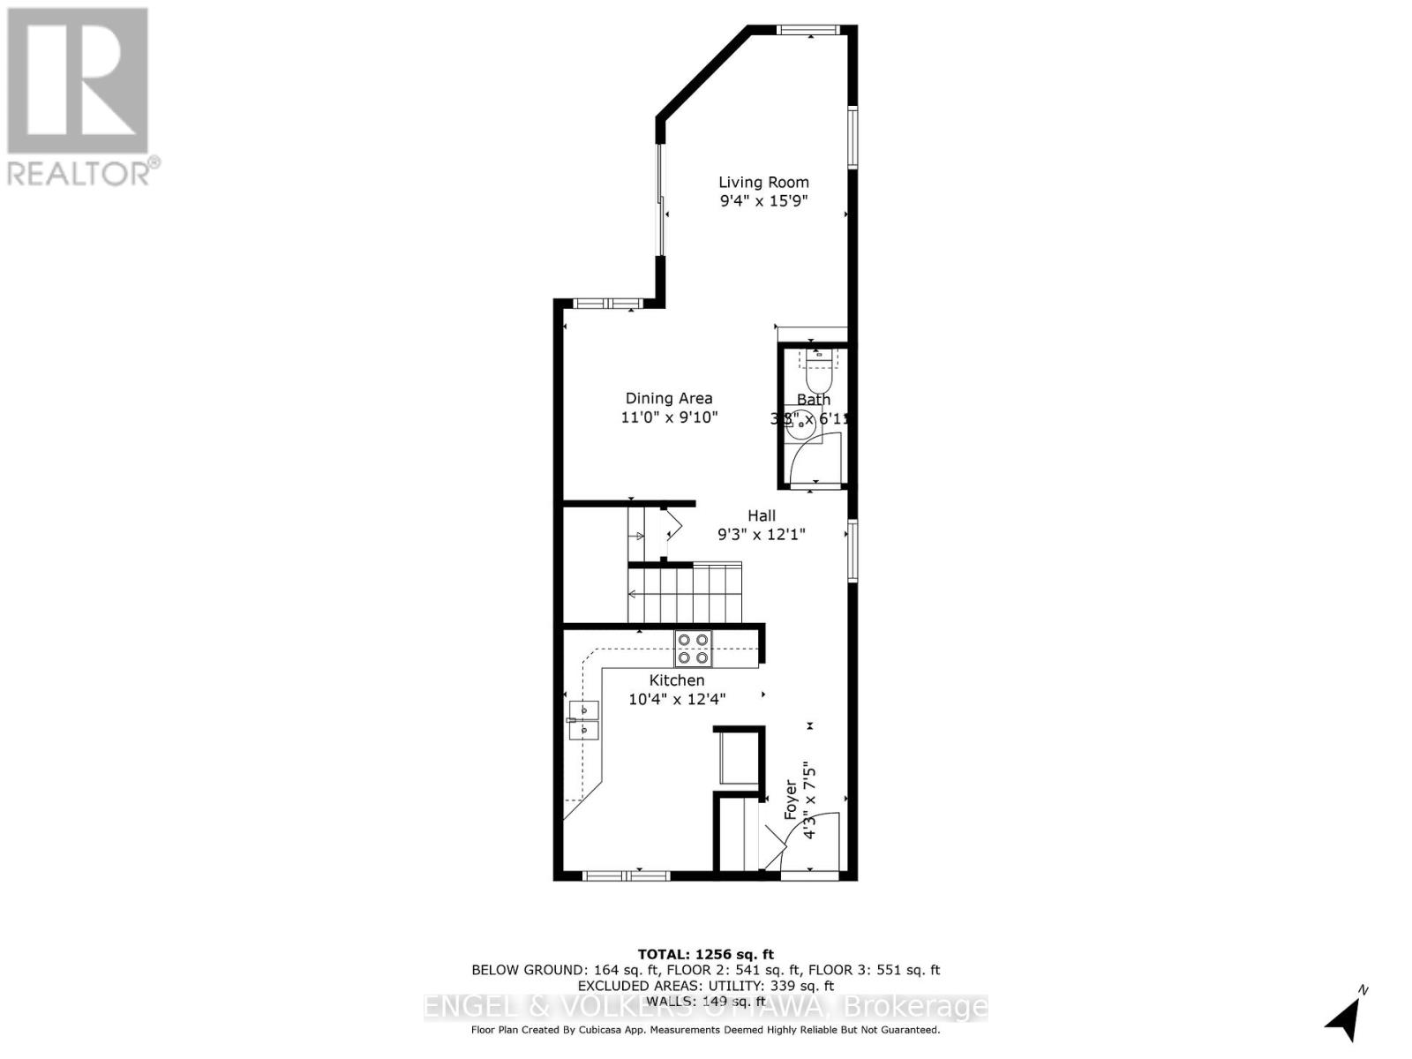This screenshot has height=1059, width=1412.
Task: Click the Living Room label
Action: (763, 183)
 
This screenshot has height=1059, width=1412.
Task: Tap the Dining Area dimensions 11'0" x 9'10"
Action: (669, 417)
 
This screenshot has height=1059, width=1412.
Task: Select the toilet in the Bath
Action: (820, 373)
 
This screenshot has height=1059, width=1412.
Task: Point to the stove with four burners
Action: (693, 649)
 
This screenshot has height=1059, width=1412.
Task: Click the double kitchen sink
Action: (583, 720)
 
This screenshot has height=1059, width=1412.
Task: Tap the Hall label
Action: (762, 515)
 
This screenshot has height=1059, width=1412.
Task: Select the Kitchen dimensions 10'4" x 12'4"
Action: (677, 699)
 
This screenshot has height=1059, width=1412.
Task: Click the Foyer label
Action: (792, 800)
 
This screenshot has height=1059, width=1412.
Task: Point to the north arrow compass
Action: (1345, 1015)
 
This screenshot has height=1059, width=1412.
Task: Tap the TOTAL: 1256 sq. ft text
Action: (705, 954)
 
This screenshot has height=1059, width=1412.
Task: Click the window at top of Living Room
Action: (808, 30)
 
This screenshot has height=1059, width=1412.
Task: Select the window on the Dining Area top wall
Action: (607, 304)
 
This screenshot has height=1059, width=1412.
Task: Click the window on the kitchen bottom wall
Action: (626, 875)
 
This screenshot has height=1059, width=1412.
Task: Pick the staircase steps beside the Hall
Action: (685, 593)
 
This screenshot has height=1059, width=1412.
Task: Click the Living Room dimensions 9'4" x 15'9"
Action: (763, 201)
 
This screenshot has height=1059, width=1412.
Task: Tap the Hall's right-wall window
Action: (852, 551)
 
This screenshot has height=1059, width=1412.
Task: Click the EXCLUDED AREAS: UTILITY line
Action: (705, 986)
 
